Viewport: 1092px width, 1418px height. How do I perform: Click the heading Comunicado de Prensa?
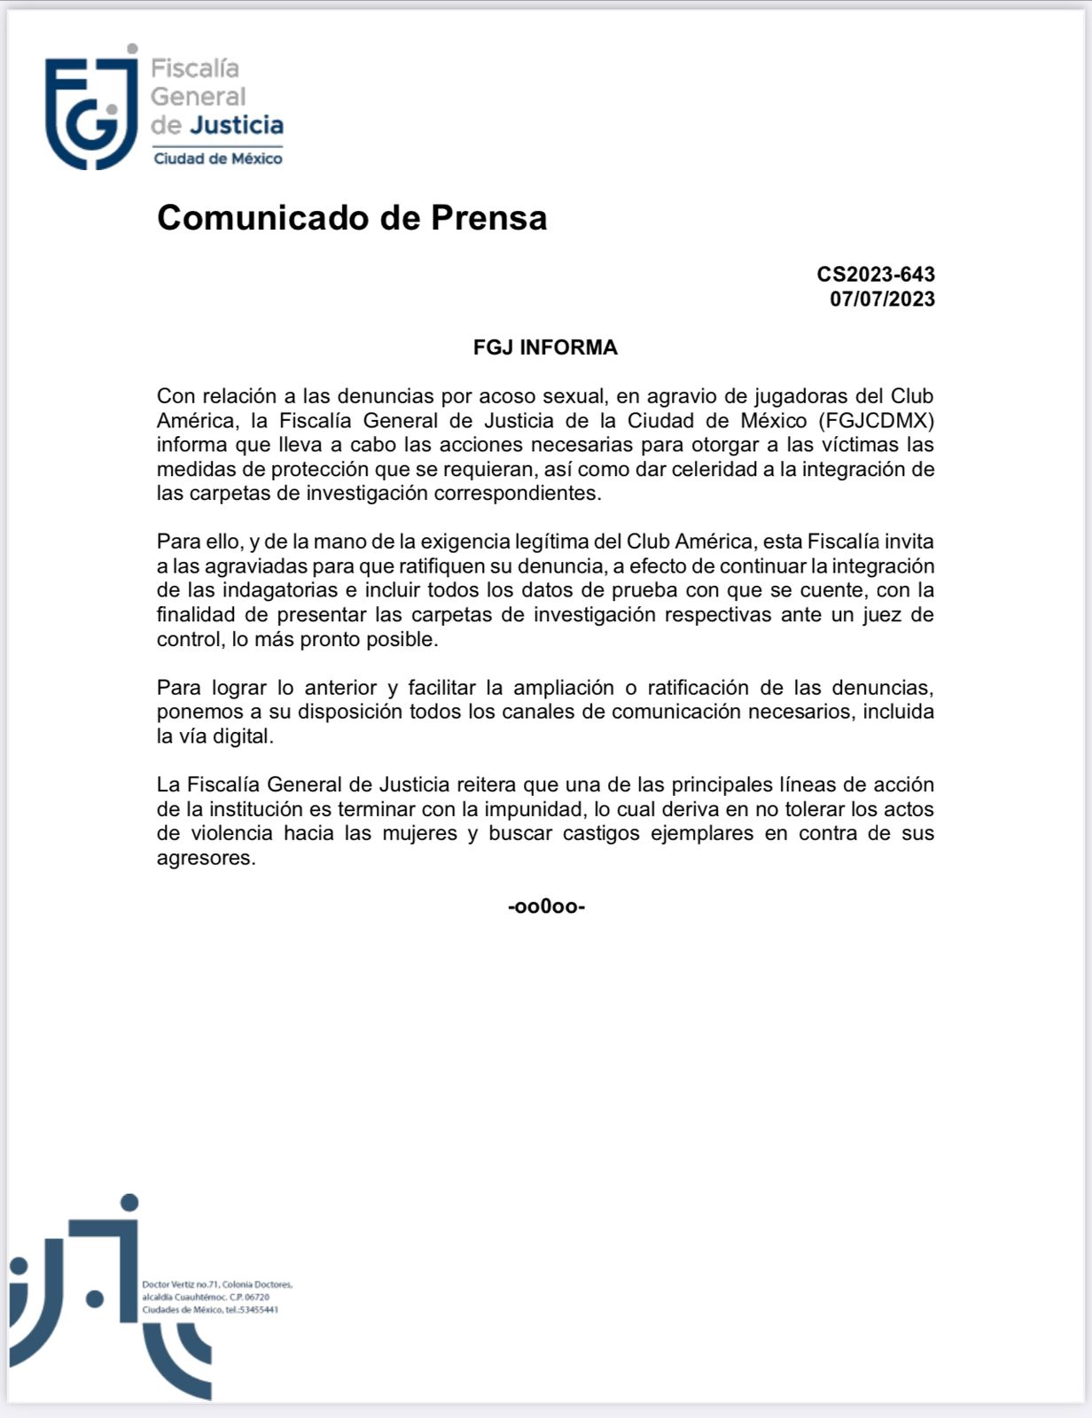coord(352,218)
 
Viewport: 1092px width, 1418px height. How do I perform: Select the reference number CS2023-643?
coord(876,275)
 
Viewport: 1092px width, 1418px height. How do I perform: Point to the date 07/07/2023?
coord(882,299)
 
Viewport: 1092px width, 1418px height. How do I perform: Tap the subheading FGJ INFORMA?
coord(545,347)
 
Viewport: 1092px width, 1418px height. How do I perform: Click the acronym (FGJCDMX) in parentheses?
coord(876,420)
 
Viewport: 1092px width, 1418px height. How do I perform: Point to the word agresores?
coord(206,858)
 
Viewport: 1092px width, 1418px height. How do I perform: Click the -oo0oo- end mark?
coord(546,907)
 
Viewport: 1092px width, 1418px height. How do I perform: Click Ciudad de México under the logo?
coord(218,159)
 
